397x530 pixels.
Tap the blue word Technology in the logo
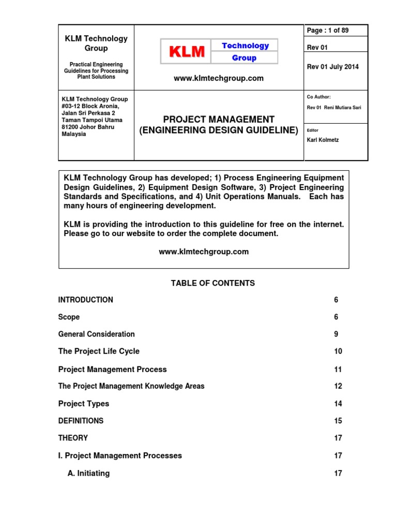point(245,46)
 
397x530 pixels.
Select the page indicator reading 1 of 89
point(328,31)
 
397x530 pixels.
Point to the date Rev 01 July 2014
point(332,67)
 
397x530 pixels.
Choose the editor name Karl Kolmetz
point(323,140)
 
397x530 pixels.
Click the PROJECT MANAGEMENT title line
point(219,119)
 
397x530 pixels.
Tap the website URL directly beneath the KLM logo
point(218,79)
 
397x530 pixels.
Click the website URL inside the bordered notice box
point(203,252)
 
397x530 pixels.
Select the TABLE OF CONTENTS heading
point(212,283)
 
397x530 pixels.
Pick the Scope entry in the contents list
point(69,317)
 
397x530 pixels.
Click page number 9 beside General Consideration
point(336,334)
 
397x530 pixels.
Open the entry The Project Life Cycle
point(99,351)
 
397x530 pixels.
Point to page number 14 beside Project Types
point(338,404)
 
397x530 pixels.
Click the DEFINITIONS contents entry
point(81,421)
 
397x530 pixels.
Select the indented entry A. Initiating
point(88,473)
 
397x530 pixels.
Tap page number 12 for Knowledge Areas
point(338,386)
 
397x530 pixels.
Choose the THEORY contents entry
point(73,438)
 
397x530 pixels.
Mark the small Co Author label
point(319,97)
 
